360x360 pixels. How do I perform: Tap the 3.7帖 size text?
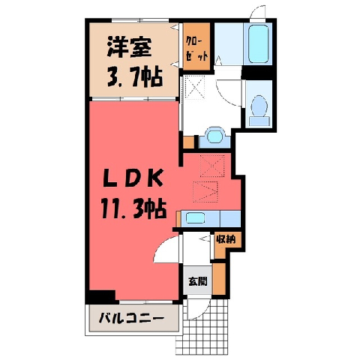click(x=135, y=76)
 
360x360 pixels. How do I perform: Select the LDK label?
click(x=133, y=178)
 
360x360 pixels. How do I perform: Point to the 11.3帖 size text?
click(x=133, y=208)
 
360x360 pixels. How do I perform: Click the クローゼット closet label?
click(x=196, y=48)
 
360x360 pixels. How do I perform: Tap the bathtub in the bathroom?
click(x=259, y=44)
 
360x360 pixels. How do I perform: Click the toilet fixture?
click(x=259, y=110)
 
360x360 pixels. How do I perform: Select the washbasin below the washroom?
click(x=215, y=136)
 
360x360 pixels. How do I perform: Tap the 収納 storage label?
click(x=226, y=240)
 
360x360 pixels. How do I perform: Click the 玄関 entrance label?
click(x=198, y=281)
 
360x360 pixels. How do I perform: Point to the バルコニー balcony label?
click(x=131, y=319)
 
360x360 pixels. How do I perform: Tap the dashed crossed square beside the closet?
click(x=195, y=88)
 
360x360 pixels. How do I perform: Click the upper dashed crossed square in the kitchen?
click(x=212, y=166)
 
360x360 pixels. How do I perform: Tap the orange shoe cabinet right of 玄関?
click(x=219, y=278)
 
